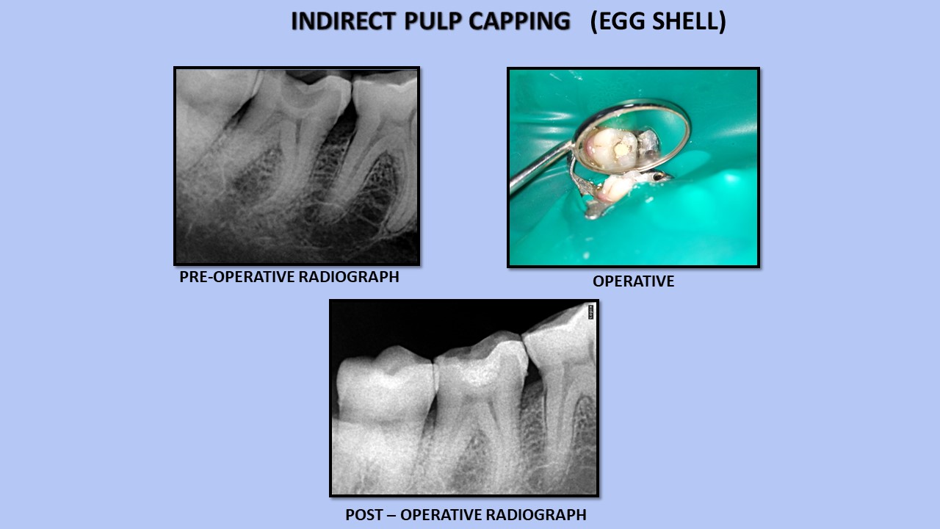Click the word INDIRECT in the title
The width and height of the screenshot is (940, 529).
pos(343,21)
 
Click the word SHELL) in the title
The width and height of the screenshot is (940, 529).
pos(689,21)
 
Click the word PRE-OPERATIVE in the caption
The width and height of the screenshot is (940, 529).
pos(237,277)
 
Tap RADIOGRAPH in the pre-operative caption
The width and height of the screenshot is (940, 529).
pos(349,277)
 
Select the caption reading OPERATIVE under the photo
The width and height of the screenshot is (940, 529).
pos(633,281)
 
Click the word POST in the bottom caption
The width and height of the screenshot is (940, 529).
pos(364,515)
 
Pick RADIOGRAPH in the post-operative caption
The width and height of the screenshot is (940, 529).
pos(536,515)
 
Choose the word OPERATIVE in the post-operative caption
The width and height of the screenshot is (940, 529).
pos(441,515)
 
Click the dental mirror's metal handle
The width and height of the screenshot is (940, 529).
pos(541,167)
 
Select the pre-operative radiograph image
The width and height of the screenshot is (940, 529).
pos(297,166)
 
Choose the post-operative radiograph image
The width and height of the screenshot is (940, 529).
pos(464,398)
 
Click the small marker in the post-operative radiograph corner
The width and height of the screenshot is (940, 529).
pos(591,312)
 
